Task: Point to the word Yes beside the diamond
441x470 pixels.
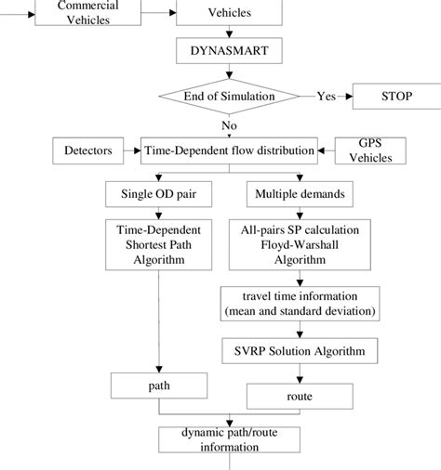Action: coord(327,96)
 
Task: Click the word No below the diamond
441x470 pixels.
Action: coord(230,126)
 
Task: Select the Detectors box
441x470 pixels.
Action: coord(88,149)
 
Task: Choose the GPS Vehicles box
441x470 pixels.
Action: coord(376,150)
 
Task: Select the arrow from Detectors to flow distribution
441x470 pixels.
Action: coord(131,149)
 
